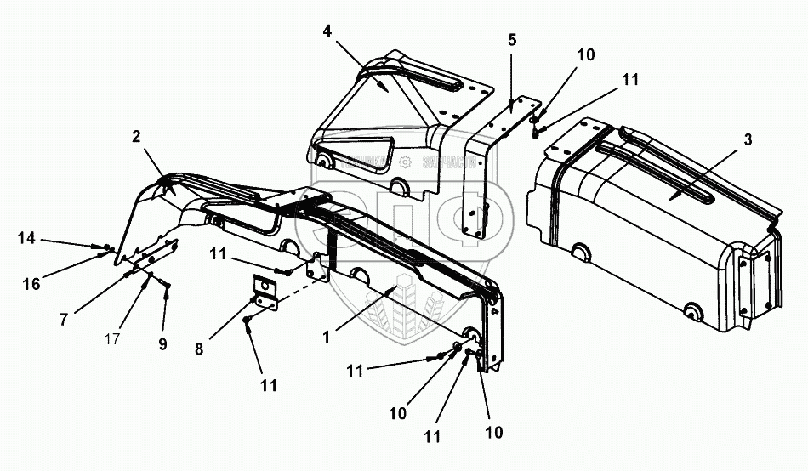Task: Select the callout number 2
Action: coord(135,136)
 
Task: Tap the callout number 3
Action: coord(748,141)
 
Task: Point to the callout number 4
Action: coord(327,31)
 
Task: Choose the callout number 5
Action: coord(511,40)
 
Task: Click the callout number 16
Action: coord(31,284)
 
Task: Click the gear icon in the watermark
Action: coord(406,162)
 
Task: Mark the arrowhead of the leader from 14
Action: coord(103,247)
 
